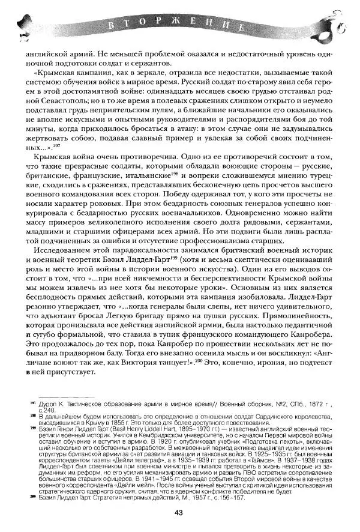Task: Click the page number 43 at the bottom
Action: (179, 512)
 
